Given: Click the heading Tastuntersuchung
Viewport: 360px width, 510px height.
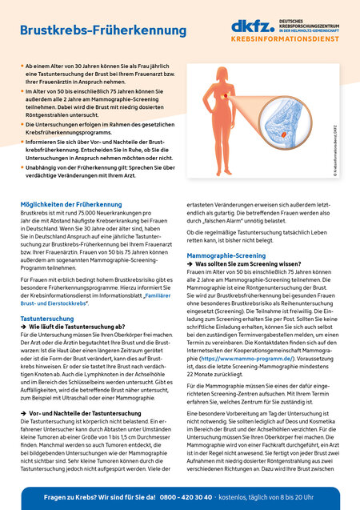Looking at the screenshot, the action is (x=47, y=318).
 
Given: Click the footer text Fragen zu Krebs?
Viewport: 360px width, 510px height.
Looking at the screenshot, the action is (x=72, y=497).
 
